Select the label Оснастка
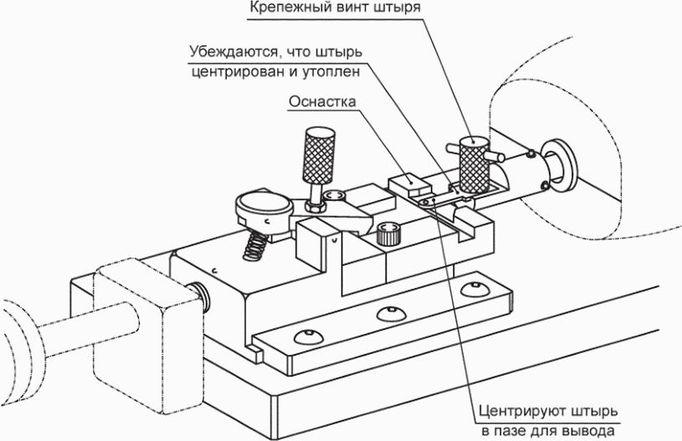[322, 101]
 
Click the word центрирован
[237, 71]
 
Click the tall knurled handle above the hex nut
[320, 156]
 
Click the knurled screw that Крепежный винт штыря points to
[474, 164]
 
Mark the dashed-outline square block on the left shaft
[148, 335]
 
